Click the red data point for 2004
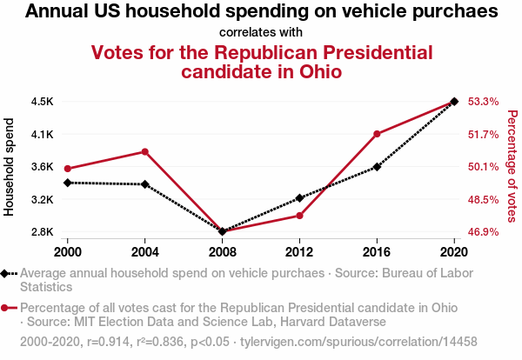[144, 152]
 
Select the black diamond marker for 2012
[299, 198]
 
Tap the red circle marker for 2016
[377, 134]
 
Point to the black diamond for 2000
[67, 183]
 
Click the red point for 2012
[299, 216]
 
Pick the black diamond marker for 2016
[377, 167]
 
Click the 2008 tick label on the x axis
[222, 250]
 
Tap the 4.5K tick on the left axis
[42, 102]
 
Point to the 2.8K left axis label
[42, 232]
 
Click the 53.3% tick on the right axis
[483, 102]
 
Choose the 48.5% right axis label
[483, 199]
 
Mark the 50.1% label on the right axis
[483, 167]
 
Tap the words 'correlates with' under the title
[261, 32]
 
